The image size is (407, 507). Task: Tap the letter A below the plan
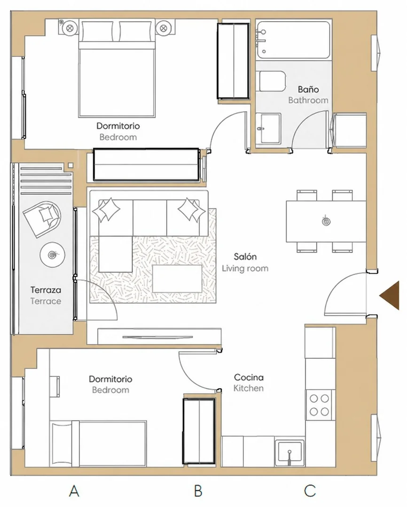[x=74, y=491]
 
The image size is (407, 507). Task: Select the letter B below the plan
[x=198, y=491]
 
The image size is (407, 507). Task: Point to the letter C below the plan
[x=310, y=491]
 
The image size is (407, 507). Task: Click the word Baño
[x=308, y=89]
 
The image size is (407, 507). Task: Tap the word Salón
[x=245, y=257]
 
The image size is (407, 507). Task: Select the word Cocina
[x=249, y=377]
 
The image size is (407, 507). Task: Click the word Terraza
[x=46, y=290]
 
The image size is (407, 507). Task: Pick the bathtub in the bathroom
[x=293, y=40]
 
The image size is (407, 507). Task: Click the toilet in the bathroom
[x=273, y=81]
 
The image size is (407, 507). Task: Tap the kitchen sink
[x=290, y=453]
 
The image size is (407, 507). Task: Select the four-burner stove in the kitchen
[x=320, y=405]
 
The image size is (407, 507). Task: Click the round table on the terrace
[x=53, y=255]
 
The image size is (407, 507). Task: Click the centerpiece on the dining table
[x=326, y=222]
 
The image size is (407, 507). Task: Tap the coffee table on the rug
[x=177, y=278]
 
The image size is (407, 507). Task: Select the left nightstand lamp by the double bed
[x=69, y=28]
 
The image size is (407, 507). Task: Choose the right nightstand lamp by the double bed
[x=164, y=28]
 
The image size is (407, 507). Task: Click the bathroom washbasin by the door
[x=268, y=128]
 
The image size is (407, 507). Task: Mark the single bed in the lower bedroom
[x=98, y=443]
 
